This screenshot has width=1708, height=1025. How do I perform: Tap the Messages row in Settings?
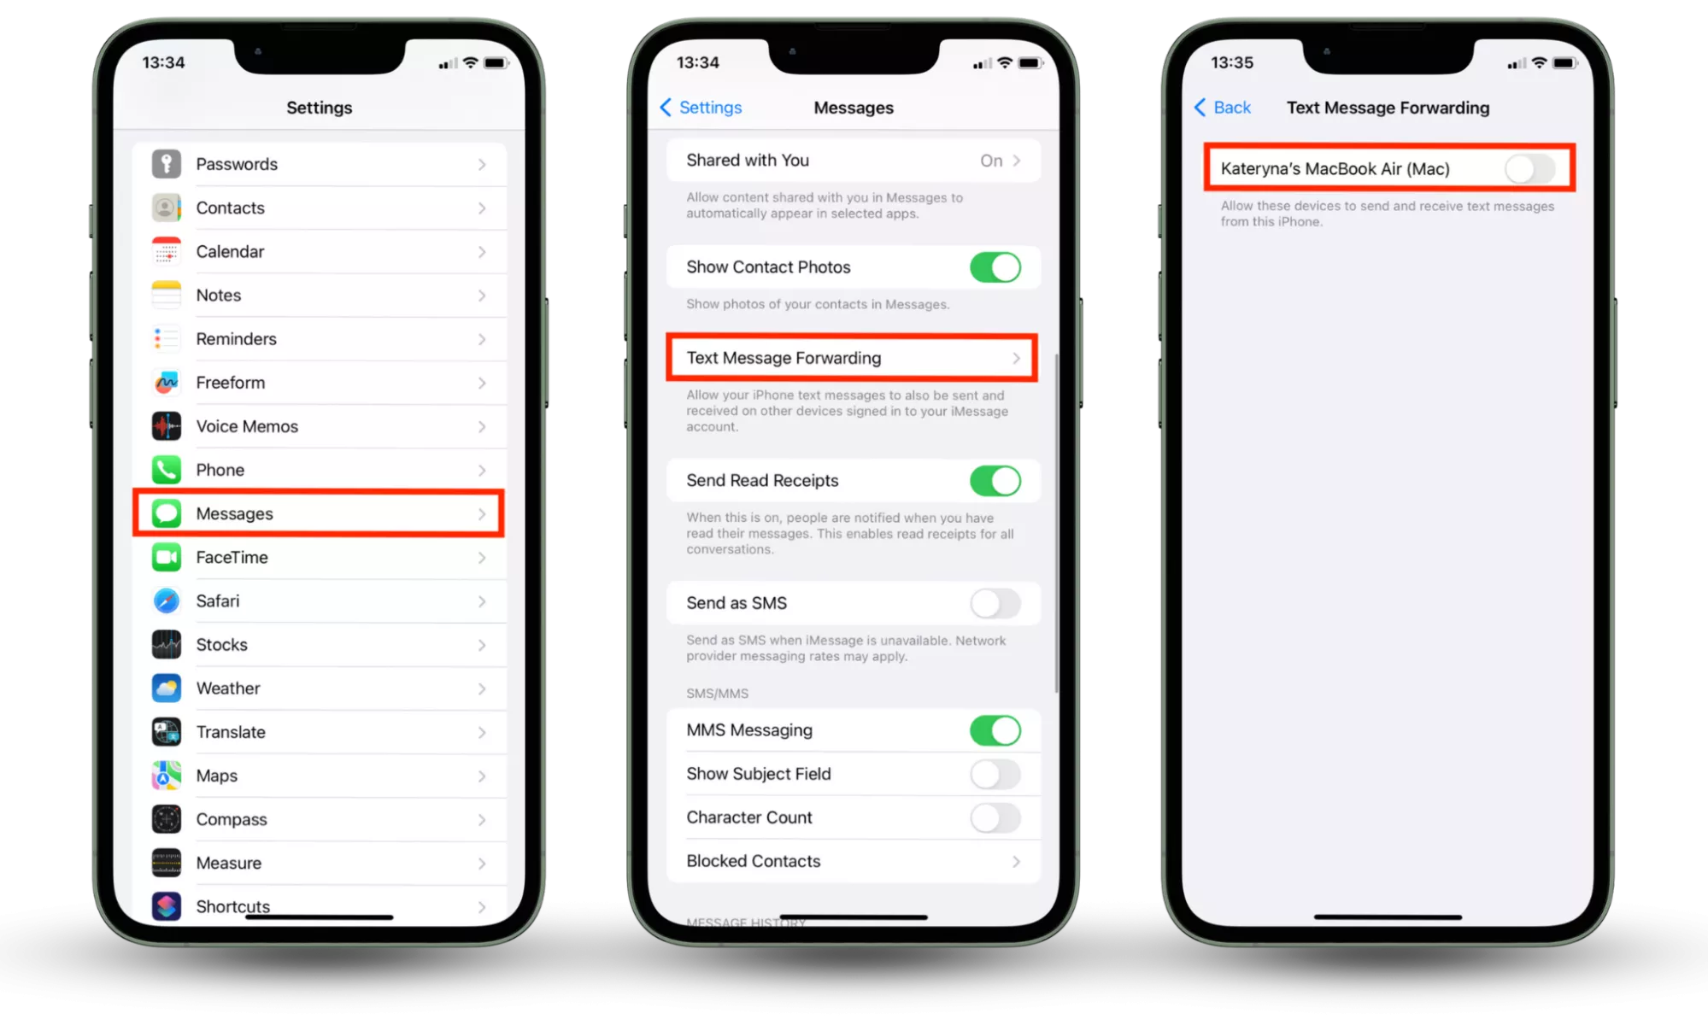pos(319,513)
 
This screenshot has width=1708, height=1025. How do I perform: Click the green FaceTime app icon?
pos(167,558)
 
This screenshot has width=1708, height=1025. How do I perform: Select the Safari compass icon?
pos(167,601)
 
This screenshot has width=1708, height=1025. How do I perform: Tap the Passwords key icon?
pos(167,164)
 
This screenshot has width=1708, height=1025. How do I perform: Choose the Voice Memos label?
pos(247,426)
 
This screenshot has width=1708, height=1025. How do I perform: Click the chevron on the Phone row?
pos(482,471)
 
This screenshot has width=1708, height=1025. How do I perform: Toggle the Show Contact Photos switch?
pos(995,267)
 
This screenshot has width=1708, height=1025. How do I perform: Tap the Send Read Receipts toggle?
pos(995,481)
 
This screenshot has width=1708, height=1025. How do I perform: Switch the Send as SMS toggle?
pos(995,604)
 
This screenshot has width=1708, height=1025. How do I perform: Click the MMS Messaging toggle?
pos(995,731)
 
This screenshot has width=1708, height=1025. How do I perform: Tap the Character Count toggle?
pos(995,818)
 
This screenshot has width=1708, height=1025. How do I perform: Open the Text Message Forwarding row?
pos(852,358)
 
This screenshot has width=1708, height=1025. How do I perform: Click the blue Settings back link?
pos(701,108)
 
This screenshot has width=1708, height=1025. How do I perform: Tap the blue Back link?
pos(1222,108)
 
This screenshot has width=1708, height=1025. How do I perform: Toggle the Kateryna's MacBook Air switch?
pos(1530,169)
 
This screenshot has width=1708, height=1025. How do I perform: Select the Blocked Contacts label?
pos(754,862)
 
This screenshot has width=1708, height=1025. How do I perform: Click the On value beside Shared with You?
pos(991,161)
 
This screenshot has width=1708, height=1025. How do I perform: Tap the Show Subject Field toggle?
pos(995,775)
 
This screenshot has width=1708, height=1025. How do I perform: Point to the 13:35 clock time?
pos(1232,62)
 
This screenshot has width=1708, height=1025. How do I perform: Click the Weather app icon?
pos(167,688)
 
